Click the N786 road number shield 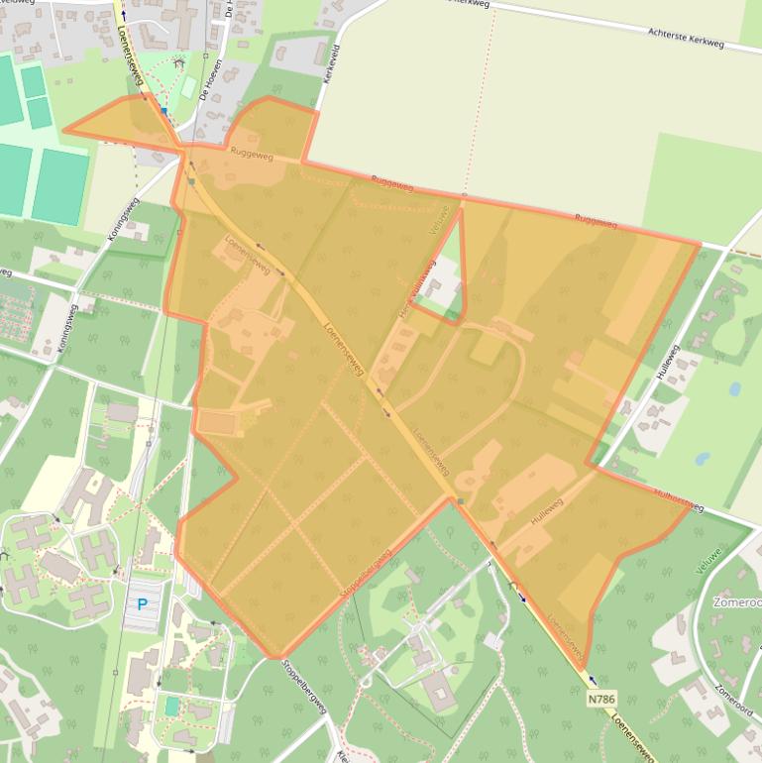[x=600, y=699]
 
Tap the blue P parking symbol [x=142, y=603]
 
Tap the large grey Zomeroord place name [x=736, y=601]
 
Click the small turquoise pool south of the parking [x=172, y=706]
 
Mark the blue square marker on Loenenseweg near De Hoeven [x=163, y=112]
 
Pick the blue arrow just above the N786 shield [x=593, y=680]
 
